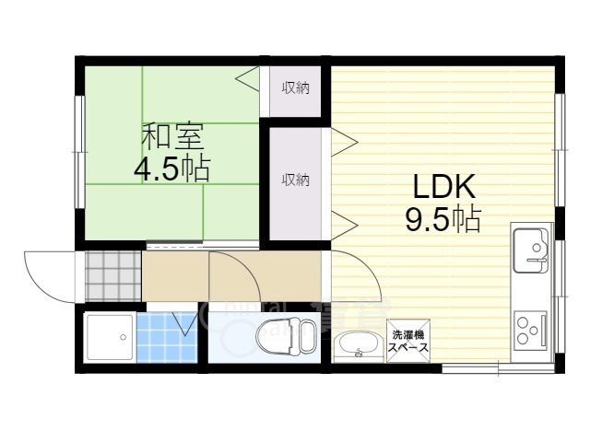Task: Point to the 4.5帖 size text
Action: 172,169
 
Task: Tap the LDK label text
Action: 442,188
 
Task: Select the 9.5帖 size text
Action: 442,220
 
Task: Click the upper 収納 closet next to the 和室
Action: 295,89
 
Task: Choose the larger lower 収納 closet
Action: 295,180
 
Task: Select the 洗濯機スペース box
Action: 406,341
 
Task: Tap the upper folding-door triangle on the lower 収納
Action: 343,141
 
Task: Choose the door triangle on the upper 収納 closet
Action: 248,80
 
